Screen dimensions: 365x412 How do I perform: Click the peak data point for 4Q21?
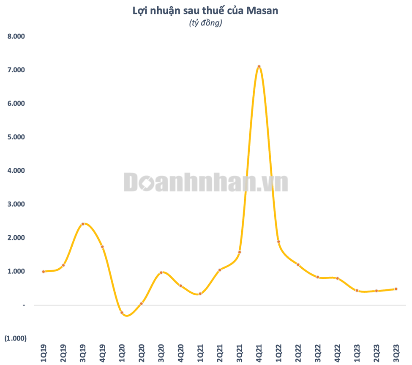click(259, 66)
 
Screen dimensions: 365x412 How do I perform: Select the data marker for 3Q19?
click(83, 224)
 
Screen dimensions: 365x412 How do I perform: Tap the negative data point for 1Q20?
click(122, 313)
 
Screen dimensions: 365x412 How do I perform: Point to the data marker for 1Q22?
click(278, 242)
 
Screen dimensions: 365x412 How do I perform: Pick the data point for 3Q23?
click(396, 289)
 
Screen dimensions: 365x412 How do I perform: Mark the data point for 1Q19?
click(44, 272)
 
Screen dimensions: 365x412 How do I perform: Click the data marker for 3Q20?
click(161, 272)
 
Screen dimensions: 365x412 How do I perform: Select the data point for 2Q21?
click(220, 270)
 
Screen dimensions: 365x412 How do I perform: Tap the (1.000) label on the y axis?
click(15, 338)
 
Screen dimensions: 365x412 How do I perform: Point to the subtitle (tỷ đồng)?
click(205, 24)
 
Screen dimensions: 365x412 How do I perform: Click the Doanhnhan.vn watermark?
click(206, 182)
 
